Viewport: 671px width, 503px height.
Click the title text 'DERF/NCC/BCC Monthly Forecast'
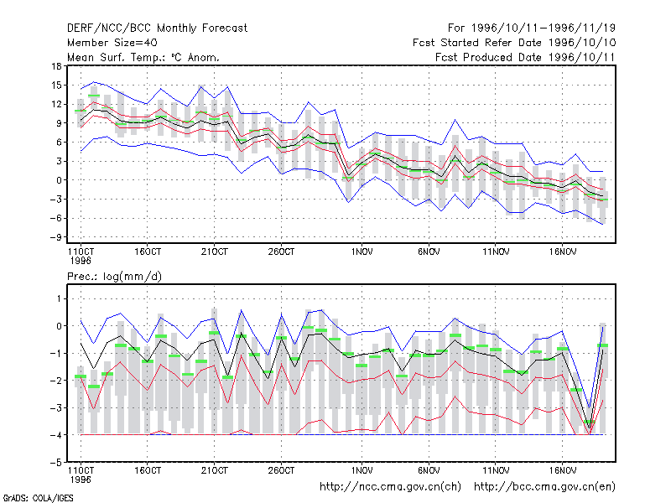[157, 29]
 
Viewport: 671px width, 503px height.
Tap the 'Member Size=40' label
[112, 43]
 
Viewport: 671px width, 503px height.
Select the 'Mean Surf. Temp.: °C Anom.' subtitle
[143, 57]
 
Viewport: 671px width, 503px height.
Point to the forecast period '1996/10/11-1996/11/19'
[544, 29]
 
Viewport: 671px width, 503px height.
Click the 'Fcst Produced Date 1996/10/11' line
[525, 57]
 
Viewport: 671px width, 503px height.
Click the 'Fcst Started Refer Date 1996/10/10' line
[514, 43]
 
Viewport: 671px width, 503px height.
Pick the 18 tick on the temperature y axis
[56, 66]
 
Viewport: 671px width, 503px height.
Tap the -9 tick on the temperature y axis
[56, 237]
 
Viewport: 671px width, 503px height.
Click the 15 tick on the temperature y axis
[56, 86]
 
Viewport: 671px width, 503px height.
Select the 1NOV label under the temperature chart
[362, 251]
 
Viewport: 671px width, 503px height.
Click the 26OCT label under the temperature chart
[281, 251]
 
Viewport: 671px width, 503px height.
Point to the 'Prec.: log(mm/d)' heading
[114, 277]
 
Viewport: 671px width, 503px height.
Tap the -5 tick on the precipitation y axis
[56, 463]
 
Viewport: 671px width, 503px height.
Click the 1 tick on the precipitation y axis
[59, 298]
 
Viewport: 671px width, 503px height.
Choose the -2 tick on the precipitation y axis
[56, 381]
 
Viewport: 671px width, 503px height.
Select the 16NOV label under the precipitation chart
[562, 470]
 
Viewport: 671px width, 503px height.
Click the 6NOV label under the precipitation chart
[429, 470]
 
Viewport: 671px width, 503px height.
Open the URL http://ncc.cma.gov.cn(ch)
[390, 487]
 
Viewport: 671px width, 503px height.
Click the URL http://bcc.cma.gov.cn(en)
[544, 487]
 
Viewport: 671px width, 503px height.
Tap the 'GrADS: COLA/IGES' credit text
[39, 498]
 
